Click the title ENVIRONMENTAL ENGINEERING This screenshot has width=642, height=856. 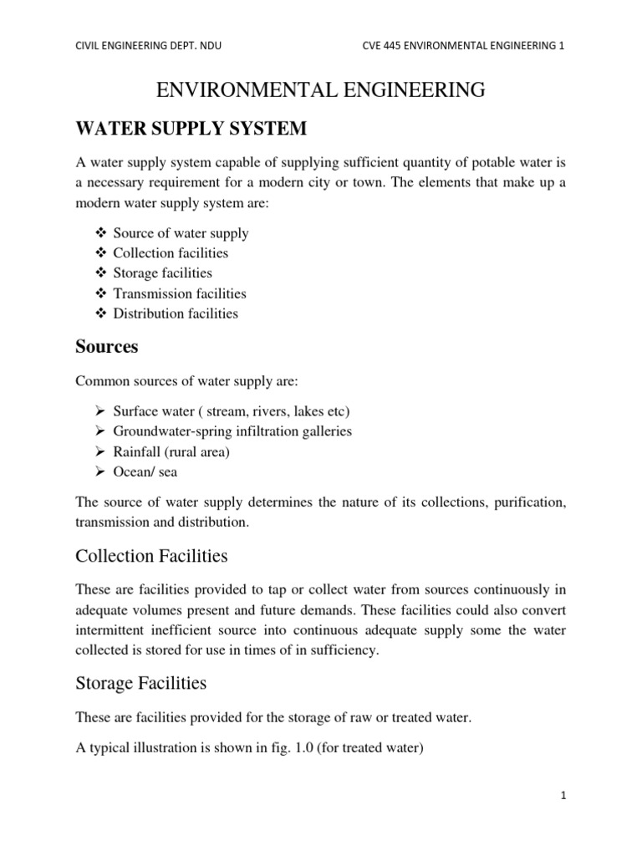point(320,90)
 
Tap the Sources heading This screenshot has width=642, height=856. point(106,346)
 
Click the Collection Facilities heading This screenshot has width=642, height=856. point(151,556)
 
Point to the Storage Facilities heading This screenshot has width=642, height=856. point(140,683)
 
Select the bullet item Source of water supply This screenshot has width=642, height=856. point(181,233)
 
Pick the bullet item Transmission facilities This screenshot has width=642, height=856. point(180,293)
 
